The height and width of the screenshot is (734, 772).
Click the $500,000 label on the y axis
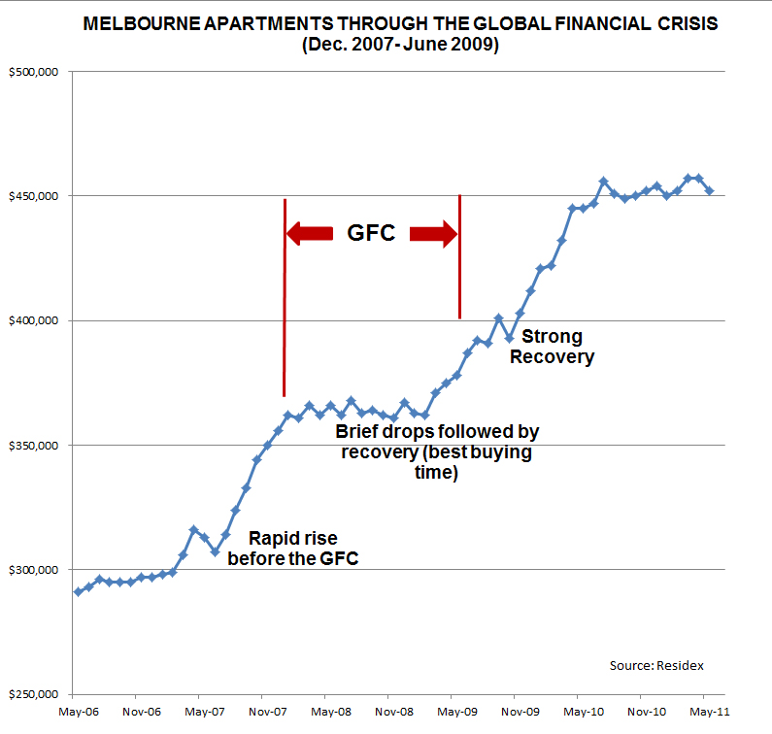(35, 72)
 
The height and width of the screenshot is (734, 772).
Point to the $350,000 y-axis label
(35, 446)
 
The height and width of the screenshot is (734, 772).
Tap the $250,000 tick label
(35, 694)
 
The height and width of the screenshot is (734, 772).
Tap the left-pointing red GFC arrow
(310, 233)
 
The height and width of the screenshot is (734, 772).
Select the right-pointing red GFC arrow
(433, 233)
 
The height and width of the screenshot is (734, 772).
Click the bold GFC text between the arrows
(371, 233)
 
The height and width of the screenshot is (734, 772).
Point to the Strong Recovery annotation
(553, 347)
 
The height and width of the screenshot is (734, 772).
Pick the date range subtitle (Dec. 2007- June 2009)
(400, 45)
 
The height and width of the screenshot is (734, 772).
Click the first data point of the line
(78, 591)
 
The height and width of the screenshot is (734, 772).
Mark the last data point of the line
(709, 190)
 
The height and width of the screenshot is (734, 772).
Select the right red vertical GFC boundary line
(459, 257)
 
